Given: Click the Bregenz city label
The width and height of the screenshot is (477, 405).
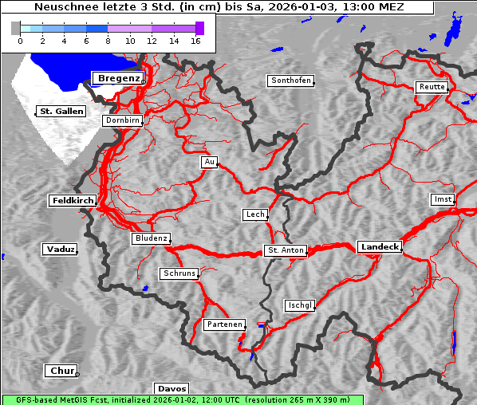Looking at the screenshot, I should point(118,78).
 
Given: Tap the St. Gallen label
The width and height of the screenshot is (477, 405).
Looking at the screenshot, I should point(61,111).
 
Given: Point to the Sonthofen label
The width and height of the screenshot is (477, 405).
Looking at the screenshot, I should point(290,81).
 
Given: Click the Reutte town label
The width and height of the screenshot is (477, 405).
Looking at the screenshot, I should point(431,87).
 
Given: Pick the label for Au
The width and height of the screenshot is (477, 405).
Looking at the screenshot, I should point(209,162).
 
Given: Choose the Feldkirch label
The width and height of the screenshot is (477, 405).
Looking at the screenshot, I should point(73,200).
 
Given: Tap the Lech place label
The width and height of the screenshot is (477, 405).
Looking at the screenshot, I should point(254,214).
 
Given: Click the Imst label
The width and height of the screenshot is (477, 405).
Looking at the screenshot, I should point(441,199).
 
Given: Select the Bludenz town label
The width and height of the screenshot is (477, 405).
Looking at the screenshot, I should point(151,238).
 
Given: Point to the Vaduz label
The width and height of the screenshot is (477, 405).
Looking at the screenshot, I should point(60,250).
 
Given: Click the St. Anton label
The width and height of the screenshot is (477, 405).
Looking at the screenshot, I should point(285,250).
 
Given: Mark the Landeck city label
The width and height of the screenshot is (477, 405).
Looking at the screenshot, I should point(379,247).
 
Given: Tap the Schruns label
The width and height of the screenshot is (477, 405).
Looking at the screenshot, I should point(179,273).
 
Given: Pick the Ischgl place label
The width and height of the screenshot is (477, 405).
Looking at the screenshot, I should point(300,305).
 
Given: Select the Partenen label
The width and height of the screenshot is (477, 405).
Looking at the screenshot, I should point(223,324).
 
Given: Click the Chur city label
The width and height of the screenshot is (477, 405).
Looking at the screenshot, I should point(60,371).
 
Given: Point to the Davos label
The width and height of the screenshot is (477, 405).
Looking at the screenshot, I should point(171,388).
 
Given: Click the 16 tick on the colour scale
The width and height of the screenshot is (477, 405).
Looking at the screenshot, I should point(195,40).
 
